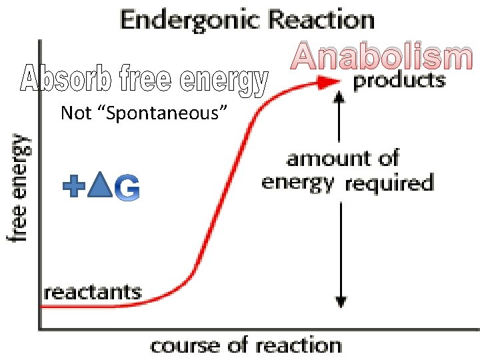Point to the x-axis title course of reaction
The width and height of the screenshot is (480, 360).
[246, 346]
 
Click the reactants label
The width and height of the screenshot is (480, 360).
[93, 291]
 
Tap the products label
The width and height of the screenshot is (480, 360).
[399, 81]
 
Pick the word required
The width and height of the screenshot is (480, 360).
[389, 181]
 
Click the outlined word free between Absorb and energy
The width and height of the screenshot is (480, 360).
[137, 80]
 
